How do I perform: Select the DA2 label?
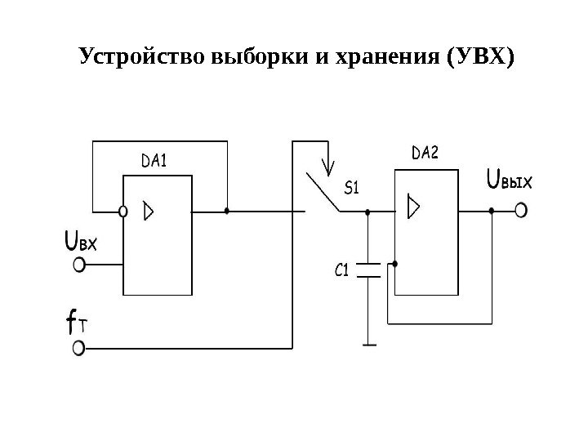coord(425,153)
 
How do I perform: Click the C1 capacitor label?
coord(343,269)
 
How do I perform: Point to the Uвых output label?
coord(509,179)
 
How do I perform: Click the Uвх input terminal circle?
coord(80,265)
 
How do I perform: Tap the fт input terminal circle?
coord(79,349)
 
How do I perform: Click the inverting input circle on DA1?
coord(122,211)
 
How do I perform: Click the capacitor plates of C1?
coord(369,270)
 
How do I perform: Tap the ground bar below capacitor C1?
coord(369,344)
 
